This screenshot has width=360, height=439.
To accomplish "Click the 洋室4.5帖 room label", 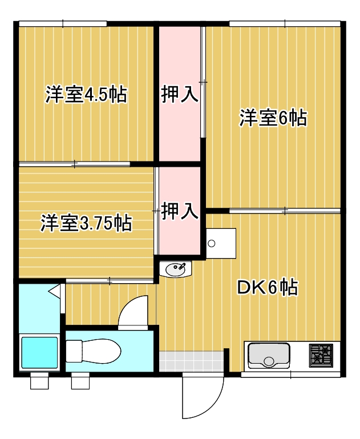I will click(86, 94).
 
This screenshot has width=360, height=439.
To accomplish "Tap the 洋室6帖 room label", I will click(273, 118).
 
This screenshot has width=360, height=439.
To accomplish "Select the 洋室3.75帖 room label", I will click(86, 223).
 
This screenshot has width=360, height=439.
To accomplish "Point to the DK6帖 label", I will click(267, 288).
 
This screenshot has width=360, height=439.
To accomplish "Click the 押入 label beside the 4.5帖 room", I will click(180, 94).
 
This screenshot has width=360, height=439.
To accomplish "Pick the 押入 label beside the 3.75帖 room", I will click(180, 211).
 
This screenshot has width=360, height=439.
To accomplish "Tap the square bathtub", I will click(39, 353).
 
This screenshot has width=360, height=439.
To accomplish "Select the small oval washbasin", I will click(176, 268).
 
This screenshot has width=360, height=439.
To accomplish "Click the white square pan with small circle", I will click(220, 243).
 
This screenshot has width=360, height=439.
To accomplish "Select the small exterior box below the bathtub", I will click(39, 381).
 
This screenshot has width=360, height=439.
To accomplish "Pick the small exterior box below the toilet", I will click(80, 381).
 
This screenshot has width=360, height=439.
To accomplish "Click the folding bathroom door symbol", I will click(55, 292).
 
